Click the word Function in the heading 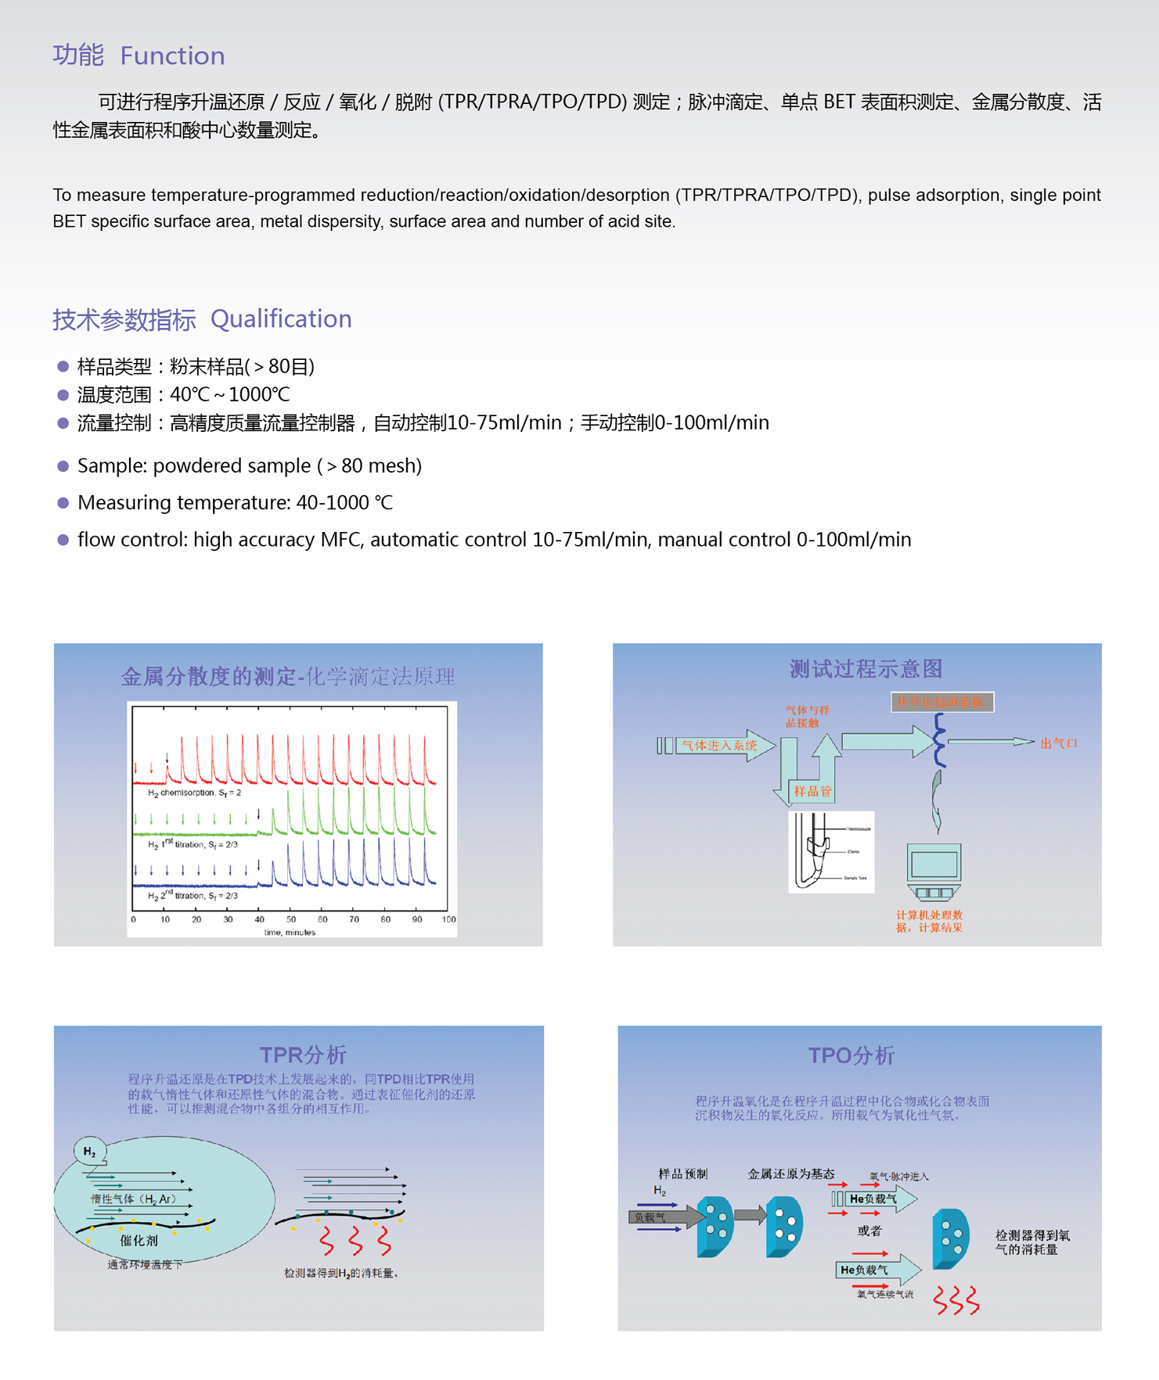tap(172, 56)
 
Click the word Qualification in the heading tap(281, 318)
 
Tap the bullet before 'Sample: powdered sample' tap(63, 466)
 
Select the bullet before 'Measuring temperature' tap(63, 503)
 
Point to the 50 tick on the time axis tap(291, 919)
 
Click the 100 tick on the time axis tap(448, 919)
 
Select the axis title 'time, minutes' tap(290, 932)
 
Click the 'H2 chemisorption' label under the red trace tap(194, 792)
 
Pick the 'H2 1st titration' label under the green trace tap(193, 844)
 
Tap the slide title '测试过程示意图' tap(866, 669)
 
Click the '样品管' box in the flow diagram tap(813, 791)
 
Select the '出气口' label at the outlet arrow tap(1059, 743)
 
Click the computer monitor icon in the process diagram tap(934, 865)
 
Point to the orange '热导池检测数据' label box tap(942, 702)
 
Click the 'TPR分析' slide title tap(303, 1055)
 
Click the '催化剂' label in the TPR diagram tap(139, 1240)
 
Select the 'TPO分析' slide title tap(851, 1055)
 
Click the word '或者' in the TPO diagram tap(869, 1231)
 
